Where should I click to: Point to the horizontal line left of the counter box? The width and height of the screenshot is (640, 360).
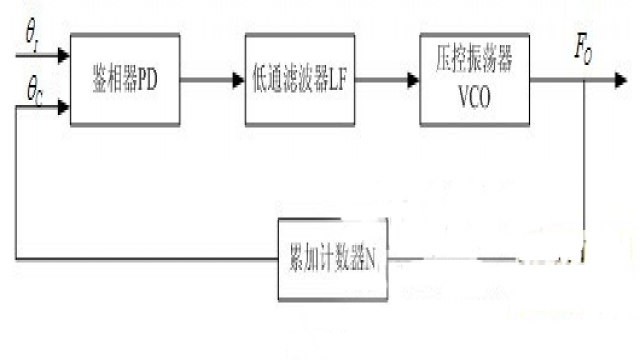pyautogui.click(x=150, y=259)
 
